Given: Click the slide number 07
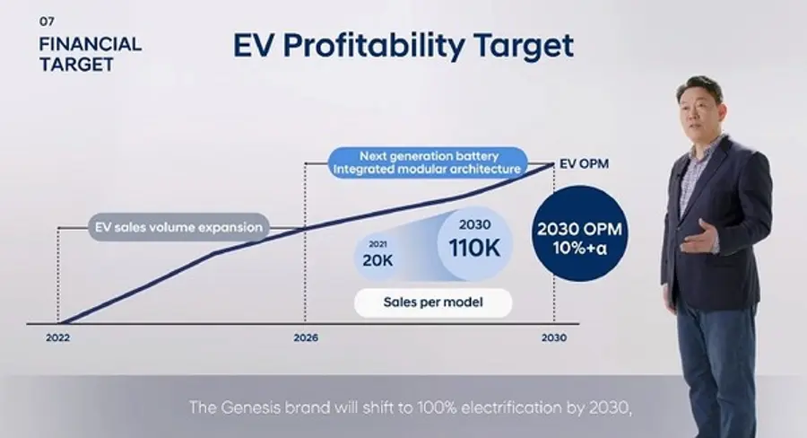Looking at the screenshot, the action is (x=47, y=22).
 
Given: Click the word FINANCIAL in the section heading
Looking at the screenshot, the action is (x=90, y=44).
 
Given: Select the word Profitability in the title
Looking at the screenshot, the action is (x=374, y=46).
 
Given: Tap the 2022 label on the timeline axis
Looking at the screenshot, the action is (x=57, y=338).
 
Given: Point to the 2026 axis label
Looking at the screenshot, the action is (x=306, y=338).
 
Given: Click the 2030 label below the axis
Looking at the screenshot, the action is (x=554, y=338).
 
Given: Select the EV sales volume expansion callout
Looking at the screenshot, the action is (x=178, y=227).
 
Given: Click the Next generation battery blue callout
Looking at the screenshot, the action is (x=428, y=162).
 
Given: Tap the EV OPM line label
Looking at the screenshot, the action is (x=584, y=164).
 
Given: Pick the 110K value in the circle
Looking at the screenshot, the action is (x=474, y=248).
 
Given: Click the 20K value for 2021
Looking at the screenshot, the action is (x=377, y=261).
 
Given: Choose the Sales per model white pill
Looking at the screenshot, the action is (x=433, y=302).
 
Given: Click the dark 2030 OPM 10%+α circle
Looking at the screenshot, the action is (x=580, y=233).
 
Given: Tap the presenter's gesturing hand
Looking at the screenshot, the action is (x=699, y=236).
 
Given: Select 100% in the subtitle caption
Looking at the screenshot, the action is (x=437, y=407).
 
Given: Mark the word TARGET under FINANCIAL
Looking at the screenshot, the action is (x=77, y=65).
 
